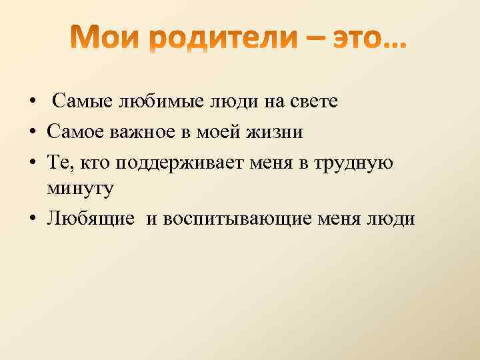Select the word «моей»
coord(233,131)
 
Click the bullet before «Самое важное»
coord(31,132)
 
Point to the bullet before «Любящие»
coord(31,219)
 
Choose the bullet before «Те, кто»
coord(31,161)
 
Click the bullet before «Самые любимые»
coord(31,103)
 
